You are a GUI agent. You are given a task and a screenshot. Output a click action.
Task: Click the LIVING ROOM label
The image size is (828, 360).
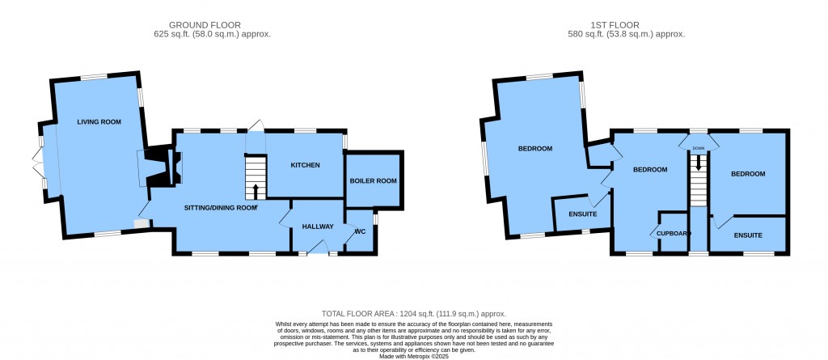pyautogui.click(x=99, y=122)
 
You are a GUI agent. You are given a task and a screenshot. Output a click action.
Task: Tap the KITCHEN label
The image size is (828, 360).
pyautogui.click(x=305, y=166)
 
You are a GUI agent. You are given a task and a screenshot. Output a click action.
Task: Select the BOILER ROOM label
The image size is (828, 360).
pyautogui.click(x=374, y=180)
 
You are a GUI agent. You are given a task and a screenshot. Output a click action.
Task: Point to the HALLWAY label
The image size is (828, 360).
pyautogui.click(x=318, y=227)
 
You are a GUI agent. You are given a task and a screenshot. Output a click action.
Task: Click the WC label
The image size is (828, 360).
pyautogui.click(x=361, y=231)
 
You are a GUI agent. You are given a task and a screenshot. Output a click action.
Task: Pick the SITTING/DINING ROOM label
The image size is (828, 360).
pyautogui.click(x=220, y=208)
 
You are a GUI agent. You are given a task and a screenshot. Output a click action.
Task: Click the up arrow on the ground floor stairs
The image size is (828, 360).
pyautogui.click(x=256, y=192)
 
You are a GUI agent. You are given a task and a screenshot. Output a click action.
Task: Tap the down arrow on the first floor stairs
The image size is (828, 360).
pyautogui.click(x=699, y=162)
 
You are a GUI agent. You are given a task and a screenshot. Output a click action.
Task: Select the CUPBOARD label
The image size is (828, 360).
pyautogui.click(x=674, y=233)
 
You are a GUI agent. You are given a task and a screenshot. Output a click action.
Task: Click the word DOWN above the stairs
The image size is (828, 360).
pyautogui.click(x=699, y=149)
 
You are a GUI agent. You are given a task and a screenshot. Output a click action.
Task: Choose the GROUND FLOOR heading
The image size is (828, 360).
pyautogui.click(x=205, y=25)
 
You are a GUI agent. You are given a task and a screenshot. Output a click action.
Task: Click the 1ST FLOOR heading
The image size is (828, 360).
pyautogui.click(x=615, y=25)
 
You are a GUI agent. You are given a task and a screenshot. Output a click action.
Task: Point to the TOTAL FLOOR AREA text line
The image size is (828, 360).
pyautogui.click(x=414, y=313)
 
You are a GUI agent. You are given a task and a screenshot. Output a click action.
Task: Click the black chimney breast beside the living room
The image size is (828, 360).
pyautogui.click(x=156, y=165)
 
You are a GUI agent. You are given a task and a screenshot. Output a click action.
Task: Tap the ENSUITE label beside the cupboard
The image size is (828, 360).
pyautogui.click(x=583, y=214)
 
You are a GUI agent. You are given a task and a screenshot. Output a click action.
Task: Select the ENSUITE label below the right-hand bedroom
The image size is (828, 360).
pyautogui.click(x=748, y=235)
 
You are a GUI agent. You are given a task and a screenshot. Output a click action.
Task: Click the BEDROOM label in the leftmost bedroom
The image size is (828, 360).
pyautogui.click(x=535, y=149)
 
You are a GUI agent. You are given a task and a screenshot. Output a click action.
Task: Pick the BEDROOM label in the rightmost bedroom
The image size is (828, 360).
pyautogui.click(x=748, y=174)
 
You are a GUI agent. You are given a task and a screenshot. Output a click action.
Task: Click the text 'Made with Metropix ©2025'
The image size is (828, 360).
pyautogui.click(x=414, y=357)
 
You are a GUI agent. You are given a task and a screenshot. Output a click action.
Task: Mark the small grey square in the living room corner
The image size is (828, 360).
pyautogui.click(x=141, y=224)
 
